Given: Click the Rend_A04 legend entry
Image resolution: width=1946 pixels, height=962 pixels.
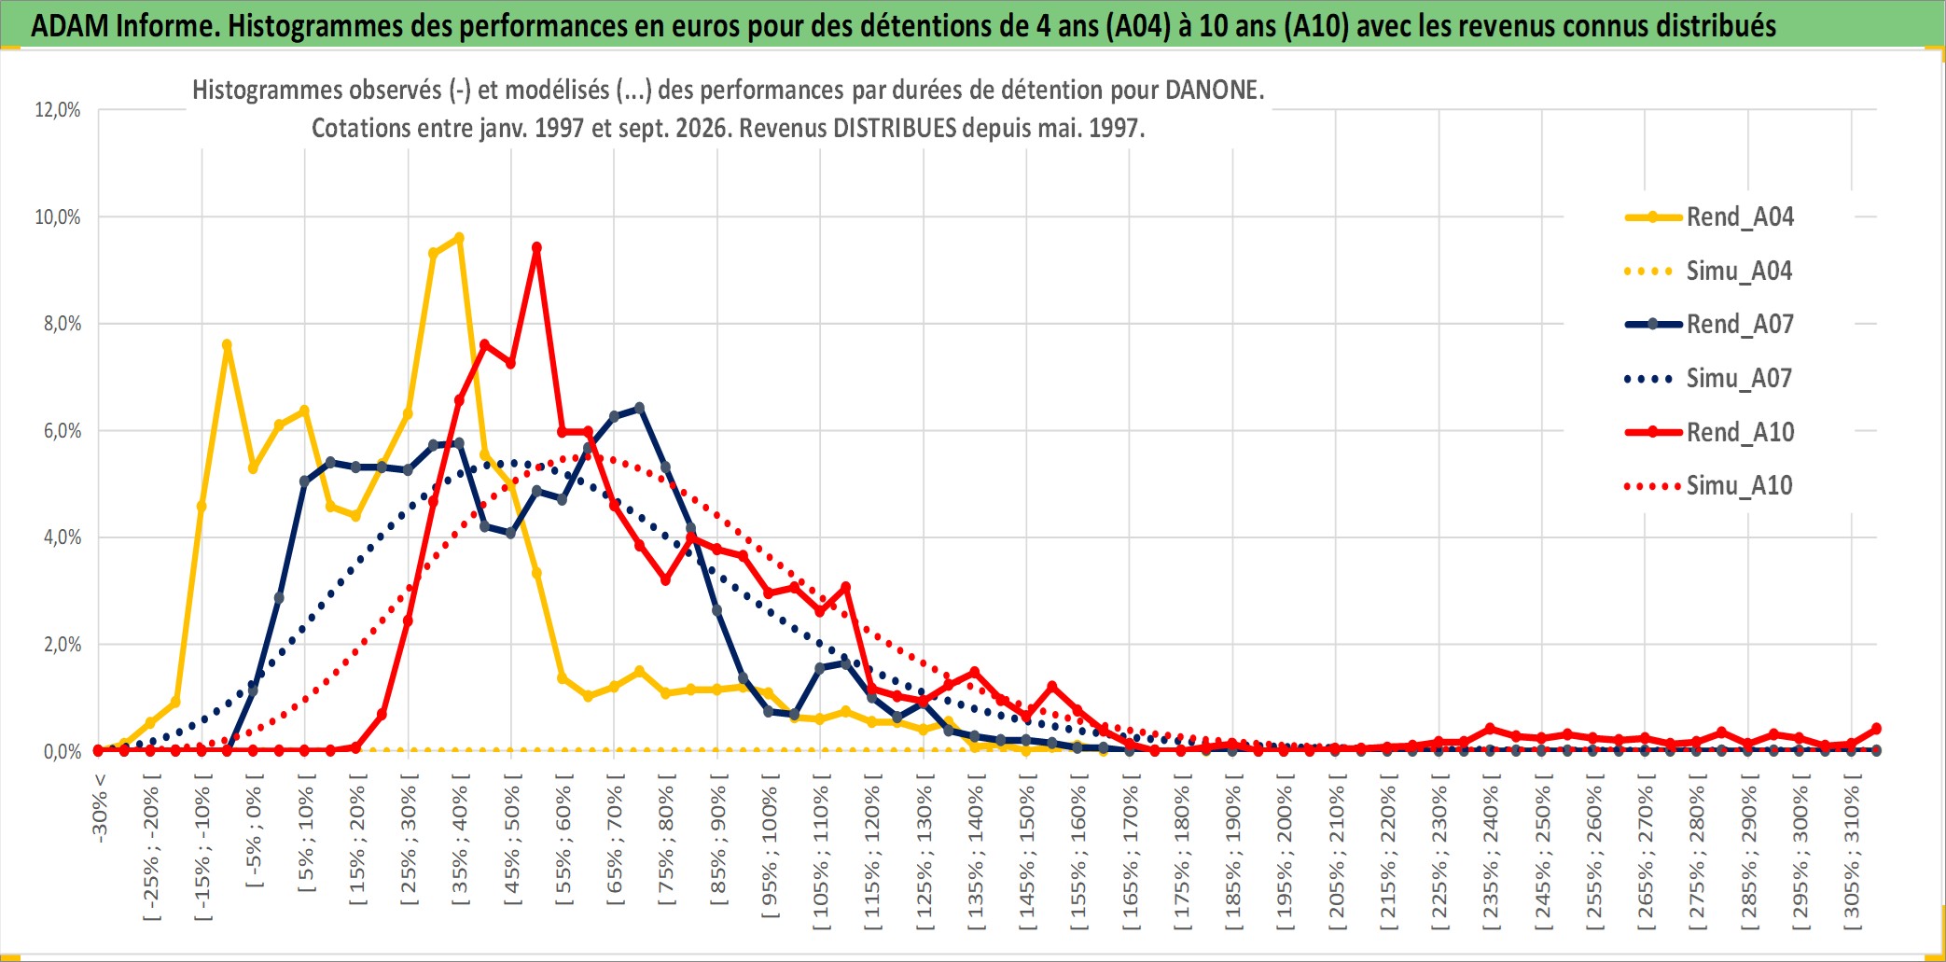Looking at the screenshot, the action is click(x=1709, y=217).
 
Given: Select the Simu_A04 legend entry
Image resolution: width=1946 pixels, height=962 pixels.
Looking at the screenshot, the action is click(x=1709, y=272).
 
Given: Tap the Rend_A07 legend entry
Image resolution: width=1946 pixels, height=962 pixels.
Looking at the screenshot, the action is click(x=1709, y=325).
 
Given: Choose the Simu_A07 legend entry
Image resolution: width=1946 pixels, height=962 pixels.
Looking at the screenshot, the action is click(x=1709, y=379).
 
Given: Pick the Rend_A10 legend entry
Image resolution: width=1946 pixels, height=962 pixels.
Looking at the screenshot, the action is click(x=1709, y=432).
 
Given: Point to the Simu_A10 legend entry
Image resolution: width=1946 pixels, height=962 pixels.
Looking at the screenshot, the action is click(x=1709, y=486).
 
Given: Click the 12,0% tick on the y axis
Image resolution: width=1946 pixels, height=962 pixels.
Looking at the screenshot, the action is click(x=58, y=110).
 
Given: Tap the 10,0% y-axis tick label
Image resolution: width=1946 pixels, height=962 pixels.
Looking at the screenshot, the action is click(x=58, y=217).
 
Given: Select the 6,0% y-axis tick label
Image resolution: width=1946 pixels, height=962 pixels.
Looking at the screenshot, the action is click(x=63, y=431).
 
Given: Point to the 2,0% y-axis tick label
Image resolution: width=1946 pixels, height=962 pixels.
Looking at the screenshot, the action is click(x=63, y=645).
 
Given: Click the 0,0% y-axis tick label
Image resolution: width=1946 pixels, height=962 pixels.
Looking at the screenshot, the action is click(x=63, y=752).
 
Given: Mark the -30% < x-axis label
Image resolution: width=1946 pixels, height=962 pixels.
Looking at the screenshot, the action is click(x=100, y=808).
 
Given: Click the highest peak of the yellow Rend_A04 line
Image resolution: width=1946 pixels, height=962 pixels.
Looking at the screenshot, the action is click(x=459, y=238).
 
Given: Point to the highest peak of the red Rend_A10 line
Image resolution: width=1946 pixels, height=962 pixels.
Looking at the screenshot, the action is click(x=536, y=248).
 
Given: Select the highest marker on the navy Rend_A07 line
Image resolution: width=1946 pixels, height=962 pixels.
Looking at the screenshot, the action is click(x=639, y=408).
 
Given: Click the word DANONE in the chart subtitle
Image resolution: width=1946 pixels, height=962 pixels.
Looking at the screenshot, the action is click(x=1215, y=91).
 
